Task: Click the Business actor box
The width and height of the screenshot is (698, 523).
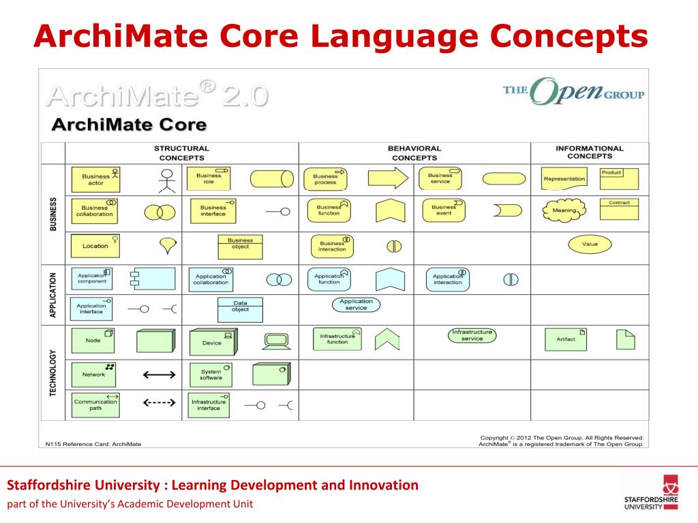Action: click(x=95, y=179)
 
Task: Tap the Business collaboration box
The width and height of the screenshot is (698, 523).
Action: click(x=95, y=211)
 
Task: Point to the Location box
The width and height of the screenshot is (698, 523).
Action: click(x=95, y=246)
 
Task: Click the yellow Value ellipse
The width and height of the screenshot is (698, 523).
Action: click(x=590, y=244)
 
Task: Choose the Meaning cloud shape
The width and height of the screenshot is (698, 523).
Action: click(x=564, y=210)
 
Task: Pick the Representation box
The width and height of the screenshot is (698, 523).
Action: click(x=564, y=178)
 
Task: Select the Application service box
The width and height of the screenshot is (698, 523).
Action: click(x=356, y=304)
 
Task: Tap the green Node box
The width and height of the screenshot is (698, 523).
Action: click(x=93, y=340)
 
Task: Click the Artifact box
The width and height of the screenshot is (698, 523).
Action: click(x=566, y=339)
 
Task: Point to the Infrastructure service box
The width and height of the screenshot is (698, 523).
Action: click(x=472, y=335)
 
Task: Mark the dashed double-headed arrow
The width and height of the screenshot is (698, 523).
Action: click(x=159, y=403)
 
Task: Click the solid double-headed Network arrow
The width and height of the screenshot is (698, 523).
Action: click(x=159, y=374)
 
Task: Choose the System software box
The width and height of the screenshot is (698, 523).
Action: click(x=211, y=374)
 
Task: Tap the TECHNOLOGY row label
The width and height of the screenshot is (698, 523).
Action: click(x=53, y=373)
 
